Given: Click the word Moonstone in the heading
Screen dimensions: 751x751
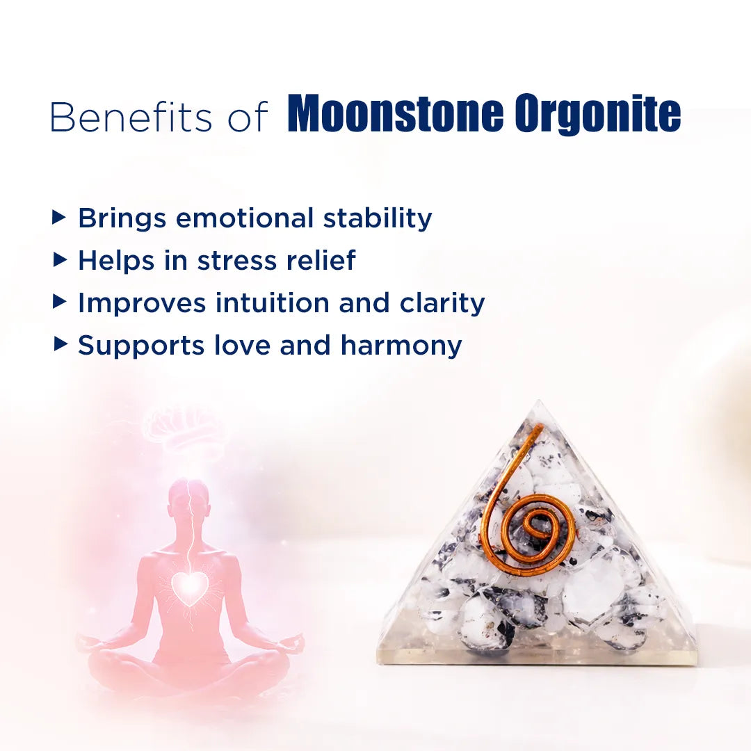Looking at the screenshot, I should click(x=395, y=115).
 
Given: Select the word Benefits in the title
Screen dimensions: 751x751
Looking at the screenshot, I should click(x=131, y=117).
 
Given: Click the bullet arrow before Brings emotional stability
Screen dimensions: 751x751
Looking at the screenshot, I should click(x=60, y=218).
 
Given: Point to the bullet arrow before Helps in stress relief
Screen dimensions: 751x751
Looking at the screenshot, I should click(x=60, y=260).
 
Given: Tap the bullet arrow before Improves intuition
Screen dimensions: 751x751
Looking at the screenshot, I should click(x=60, y=302).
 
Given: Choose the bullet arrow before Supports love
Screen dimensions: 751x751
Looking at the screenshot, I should click(x=60, y=345).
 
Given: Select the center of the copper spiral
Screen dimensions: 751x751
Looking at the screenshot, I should click(x=536, y=526).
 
